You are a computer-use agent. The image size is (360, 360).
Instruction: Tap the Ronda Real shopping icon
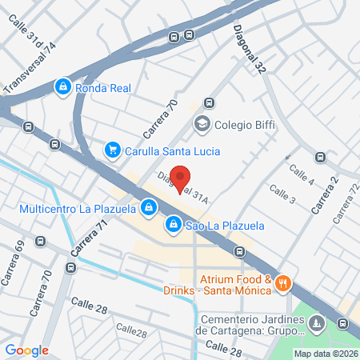62,86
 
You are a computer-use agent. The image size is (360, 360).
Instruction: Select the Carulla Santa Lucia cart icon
113,150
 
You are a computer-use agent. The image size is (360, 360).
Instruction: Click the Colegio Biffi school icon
201,124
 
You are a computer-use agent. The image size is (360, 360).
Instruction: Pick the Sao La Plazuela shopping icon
173,225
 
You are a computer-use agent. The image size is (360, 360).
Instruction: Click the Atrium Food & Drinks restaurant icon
286,284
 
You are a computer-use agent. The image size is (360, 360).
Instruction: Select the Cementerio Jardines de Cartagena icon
317,323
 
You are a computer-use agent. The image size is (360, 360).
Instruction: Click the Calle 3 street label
282,194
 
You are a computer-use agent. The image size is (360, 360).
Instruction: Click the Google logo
27,350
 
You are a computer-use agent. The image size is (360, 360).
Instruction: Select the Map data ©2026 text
325,353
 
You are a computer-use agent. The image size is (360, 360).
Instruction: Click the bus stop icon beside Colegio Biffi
210,102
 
